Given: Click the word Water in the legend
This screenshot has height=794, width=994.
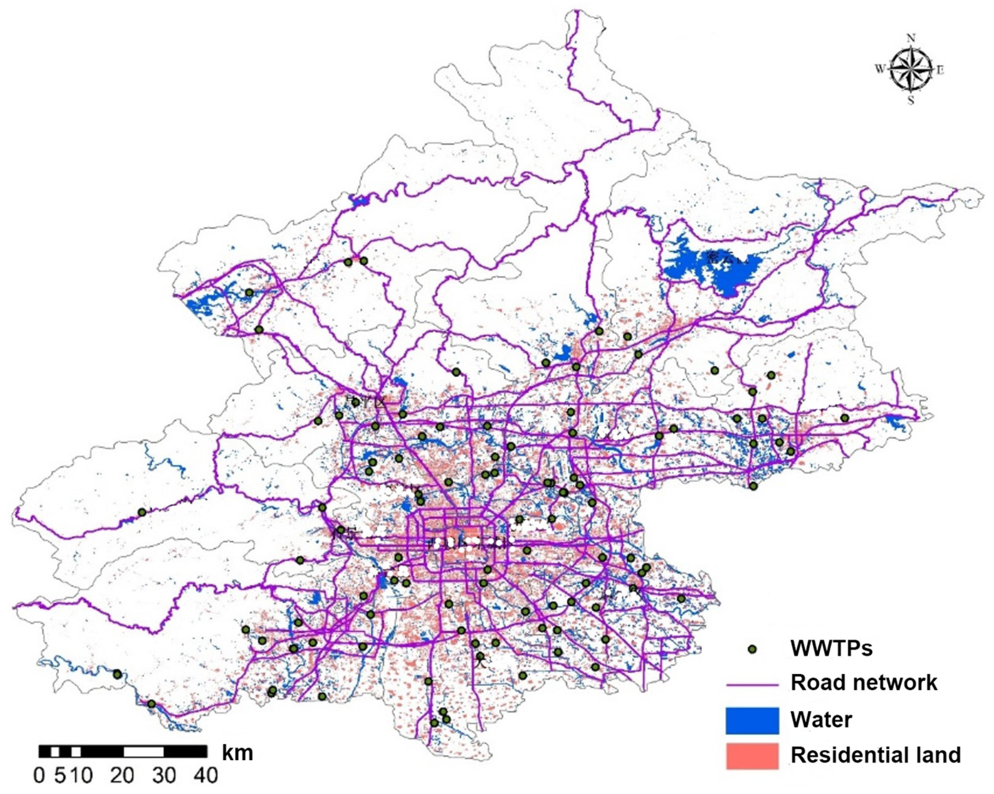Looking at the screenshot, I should tap(821, 719).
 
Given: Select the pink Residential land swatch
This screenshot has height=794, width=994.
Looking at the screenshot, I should tap(752, 756).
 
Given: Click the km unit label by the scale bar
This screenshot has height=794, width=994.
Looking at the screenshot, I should tap(238, 753).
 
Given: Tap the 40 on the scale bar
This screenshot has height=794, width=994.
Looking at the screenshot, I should tap(205, 775).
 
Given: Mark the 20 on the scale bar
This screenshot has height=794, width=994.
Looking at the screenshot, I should tap(122, 775).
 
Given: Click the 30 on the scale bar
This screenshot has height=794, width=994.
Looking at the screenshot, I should tap(164, 775).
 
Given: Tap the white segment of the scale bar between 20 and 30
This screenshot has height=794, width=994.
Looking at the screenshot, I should tap(143, 752).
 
